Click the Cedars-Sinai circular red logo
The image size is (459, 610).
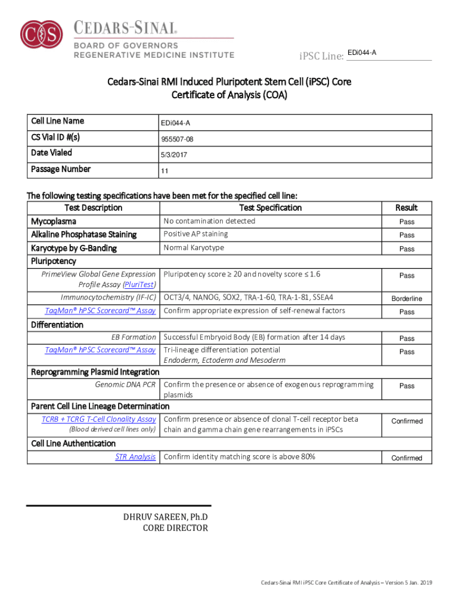pos(41,35)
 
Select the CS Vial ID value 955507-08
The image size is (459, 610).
pos(177,139)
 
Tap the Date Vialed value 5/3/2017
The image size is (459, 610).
pos(173,155)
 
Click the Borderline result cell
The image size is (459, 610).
pos(407,298)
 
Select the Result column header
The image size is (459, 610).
pos(407,208)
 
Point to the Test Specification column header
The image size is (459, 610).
pos(270,208)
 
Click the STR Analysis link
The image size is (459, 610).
pos(135,457)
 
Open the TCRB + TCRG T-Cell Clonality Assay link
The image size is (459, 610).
pos(98,419)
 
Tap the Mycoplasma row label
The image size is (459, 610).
pos(53,222)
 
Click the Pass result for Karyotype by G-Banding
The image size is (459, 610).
pos(407,249)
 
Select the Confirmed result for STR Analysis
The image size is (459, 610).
pos(407,458)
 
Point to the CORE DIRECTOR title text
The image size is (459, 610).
pos(175,528)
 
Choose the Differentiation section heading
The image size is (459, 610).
pos(57,325)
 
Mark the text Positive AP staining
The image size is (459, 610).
pos(196,234)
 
